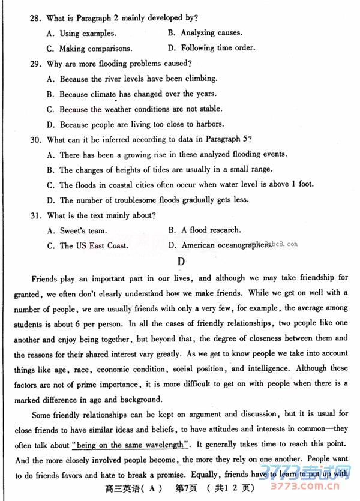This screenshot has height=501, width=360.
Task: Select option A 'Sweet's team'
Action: click(x=77, y=230)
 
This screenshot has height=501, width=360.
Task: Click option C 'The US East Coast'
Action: click(x=87, y=245)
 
